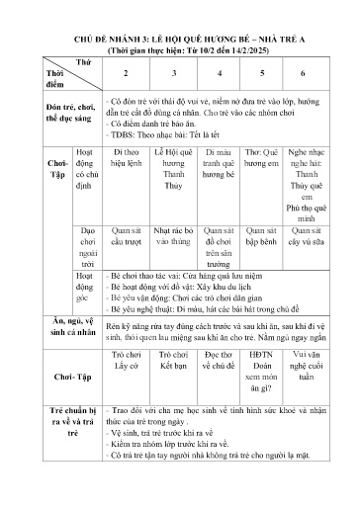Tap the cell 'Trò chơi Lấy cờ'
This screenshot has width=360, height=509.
click(125, 360)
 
